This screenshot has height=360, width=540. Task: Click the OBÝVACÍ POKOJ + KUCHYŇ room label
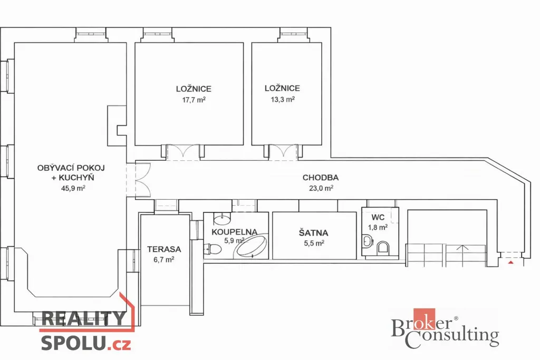coord(71,172)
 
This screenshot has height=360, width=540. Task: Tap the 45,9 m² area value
coord(73,188)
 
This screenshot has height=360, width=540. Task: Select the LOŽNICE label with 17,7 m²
coord(194,89)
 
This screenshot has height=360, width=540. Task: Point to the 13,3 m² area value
coord(283,100)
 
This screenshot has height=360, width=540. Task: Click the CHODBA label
coord(320,178)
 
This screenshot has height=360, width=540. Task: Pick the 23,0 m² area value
coord(321,188)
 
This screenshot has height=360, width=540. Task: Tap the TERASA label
coord(164,249)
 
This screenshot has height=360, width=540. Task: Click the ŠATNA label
coord(313,233)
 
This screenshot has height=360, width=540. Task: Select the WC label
coord(378,218)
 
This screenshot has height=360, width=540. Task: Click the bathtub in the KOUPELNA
coord(250,246)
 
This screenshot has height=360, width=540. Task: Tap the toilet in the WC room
coord(383,247)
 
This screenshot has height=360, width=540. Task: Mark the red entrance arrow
coord(511,262)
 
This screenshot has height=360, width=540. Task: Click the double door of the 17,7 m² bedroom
coord(183,152)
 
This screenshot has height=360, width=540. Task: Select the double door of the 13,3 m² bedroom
coord(283,152)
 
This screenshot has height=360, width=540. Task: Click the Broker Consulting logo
coord(445,328)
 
